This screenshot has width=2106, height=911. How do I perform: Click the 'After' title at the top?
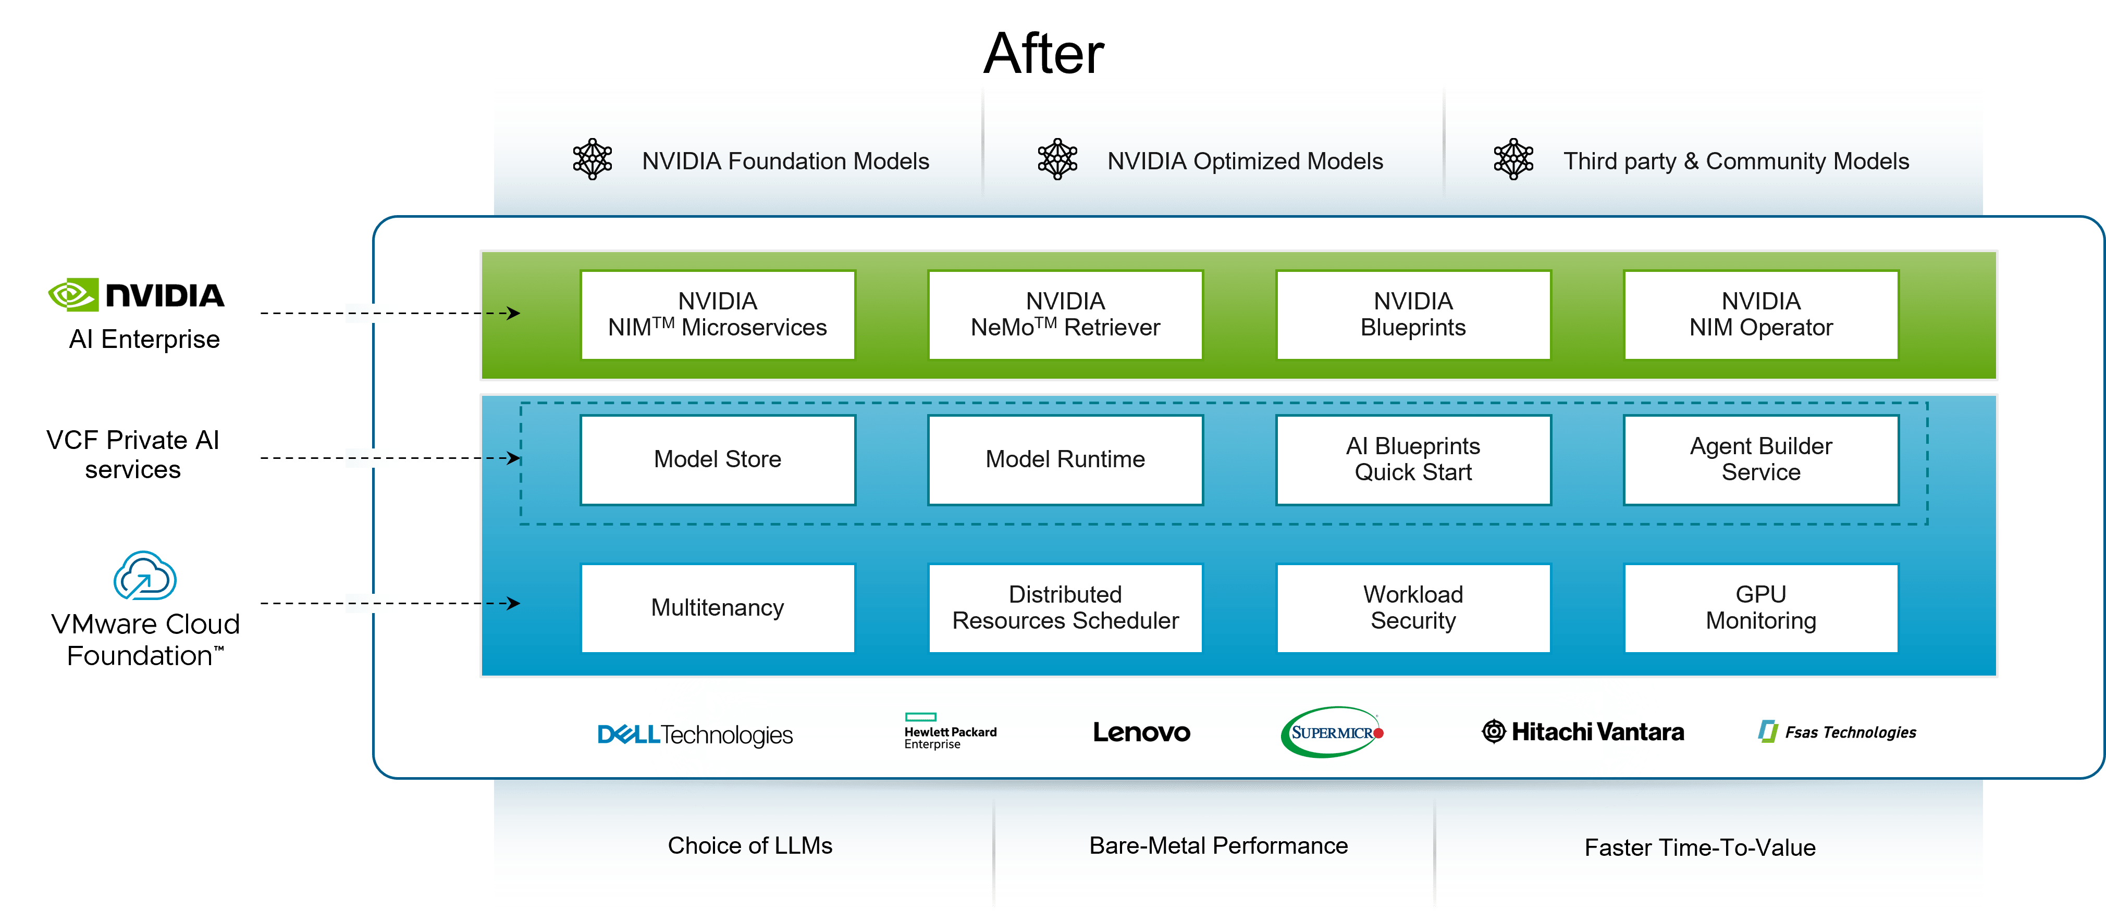(1043, 54)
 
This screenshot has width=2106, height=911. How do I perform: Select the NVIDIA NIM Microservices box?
(717, 315)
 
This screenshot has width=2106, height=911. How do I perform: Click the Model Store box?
(717, 459)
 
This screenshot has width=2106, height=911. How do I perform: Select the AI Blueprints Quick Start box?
(1413, 459)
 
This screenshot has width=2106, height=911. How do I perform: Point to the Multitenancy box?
(717, 607)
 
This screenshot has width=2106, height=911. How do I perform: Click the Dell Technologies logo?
(695, 734)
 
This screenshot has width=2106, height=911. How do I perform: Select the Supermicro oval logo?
(1331, 732)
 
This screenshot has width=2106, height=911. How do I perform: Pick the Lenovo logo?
(1141, 732)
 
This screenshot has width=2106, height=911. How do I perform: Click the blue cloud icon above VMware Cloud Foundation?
(145, 576)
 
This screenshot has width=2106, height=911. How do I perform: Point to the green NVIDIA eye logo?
(72, 295)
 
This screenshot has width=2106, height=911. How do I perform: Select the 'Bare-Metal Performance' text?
(1217, 846)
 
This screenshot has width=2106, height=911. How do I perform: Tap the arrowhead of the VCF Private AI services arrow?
(514, 457)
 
